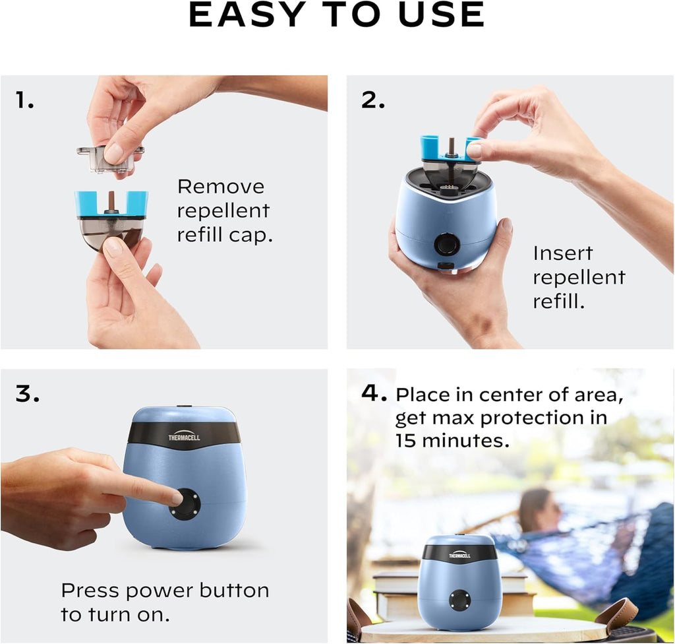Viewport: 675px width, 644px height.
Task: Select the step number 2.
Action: pos(373,100)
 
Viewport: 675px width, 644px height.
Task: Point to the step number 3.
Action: pos(27,393)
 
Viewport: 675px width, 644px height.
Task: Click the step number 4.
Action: pos(373,393)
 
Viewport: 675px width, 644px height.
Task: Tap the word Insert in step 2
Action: pos(563,253)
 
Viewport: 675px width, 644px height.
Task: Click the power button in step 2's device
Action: pos(447,245)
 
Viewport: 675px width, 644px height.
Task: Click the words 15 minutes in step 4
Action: pos(452,440)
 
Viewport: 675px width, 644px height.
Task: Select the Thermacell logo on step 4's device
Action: pos(459,556)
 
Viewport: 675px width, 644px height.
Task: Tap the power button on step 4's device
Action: pos(459,600)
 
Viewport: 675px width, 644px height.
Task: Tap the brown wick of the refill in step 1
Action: pos(111,201)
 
